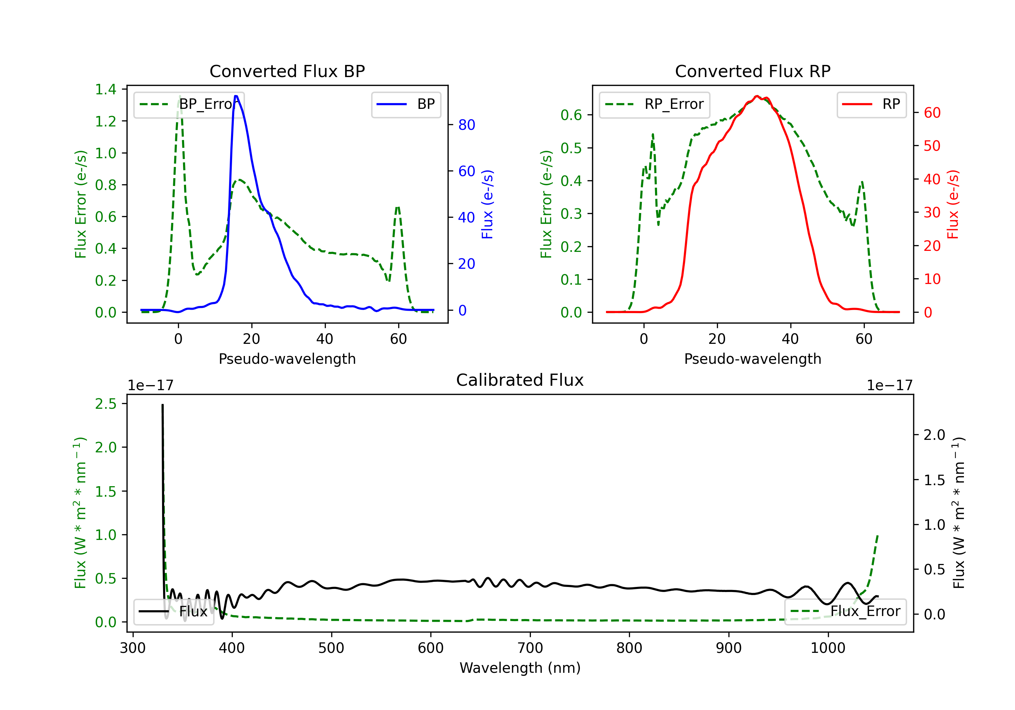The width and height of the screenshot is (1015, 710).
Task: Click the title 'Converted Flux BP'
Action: tap(287, 71)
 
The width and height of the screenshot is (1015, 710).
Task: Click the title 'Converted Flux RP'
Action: tap(752, 71)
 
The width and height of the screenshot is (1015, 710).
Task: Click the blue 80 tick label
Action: tap(466, 125)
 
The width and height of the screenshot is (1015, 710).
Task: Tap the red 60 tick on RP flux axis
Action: tap(932, 113)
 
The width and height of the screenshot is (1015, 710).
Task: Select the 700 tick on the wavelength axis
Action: tap(529, 648)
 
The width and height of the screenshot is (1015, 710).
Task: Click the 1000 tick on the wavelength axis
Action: tap(828, 648)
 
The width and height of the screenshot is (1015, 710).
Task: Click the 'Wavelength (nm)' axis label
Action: tap(520, 668)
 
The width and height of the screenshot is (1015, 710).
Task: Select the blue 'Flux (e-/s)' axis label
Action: tap(487, 204)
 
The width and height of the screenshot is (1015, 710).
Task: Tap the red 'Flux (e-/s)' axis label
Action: tap(953, 204)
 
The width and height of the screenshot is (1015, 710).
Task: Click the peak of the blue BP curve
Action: tap(236, 96)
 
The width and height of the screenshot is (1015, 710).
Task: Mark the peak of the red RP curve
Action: tap(757, 96)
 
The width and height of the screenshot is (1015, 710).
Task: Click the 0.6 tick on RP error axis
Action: tap(571, 115)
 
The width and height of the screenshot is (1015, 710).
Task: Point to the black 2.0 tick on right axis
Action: tap(934, 435)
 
